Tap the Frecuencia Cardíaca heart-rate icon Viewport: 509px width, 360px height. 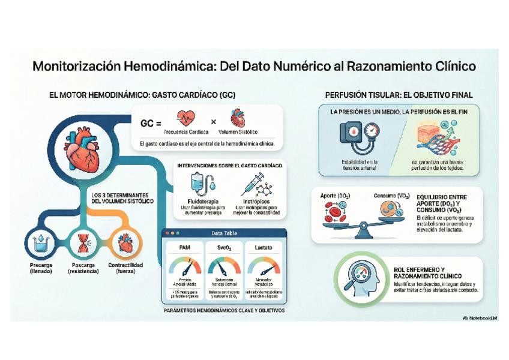186,117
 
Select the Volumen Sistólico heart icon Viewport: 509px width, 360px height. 238,117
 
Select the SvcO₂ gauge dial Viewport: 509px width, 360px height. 224,266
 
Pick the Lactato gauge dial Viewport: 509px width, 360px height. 263,266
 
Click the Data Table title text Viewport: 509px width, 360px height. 224,233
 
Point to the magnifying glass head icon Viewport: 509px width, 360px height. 361,278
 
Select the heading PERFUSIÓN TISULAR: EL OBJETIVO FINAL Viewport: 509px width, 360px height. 399,95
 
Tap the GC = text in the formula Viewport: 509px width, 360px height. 151,123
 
